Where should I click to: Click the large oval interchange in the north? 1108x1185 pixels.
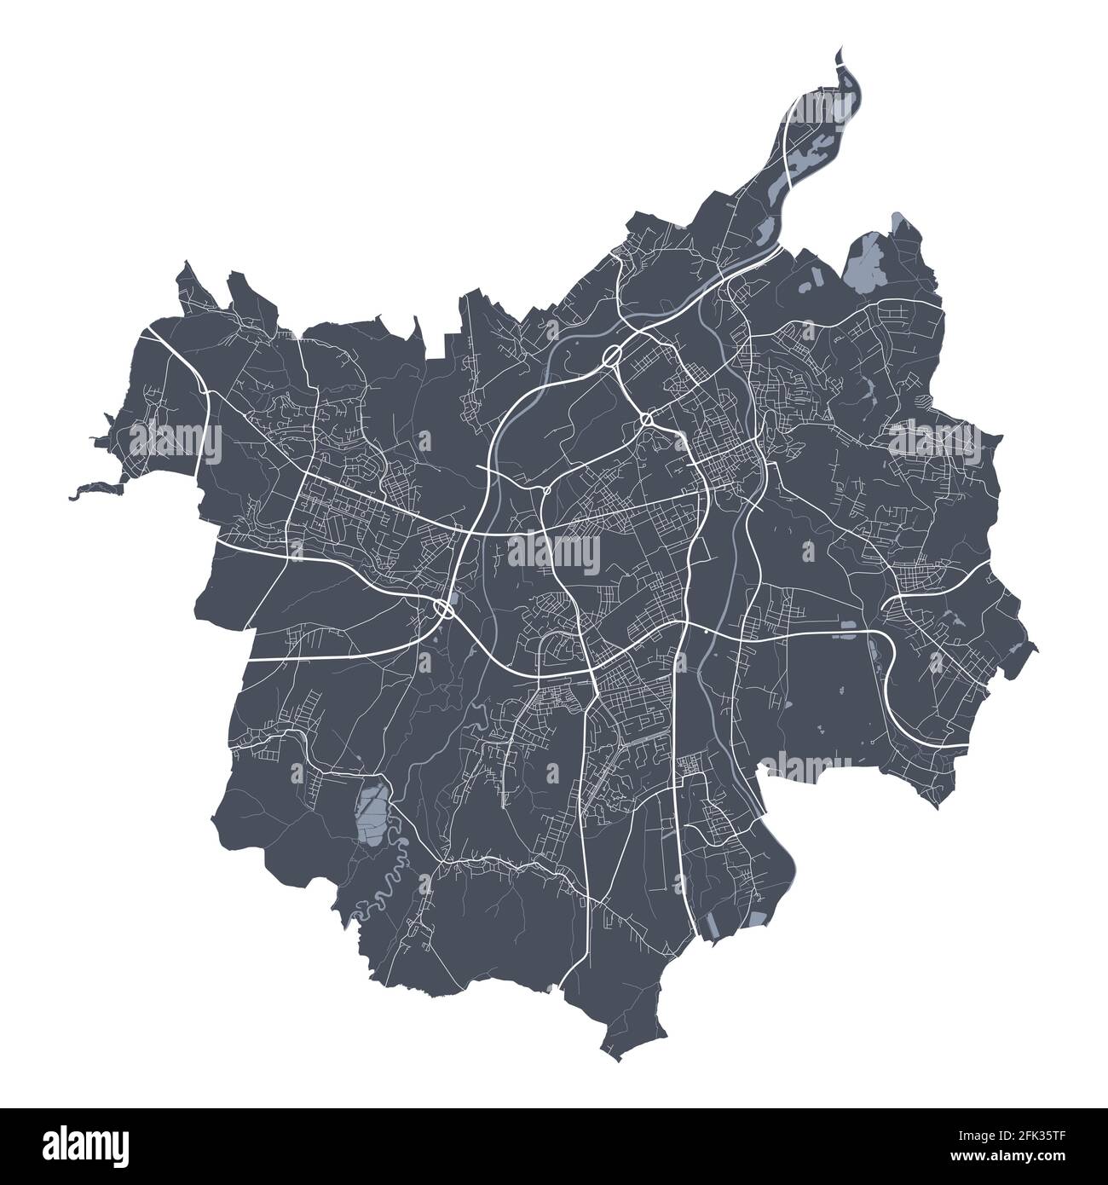(x=612, y=356)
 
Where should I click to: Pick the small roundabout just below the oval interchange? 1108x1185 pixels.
(x=647, y=419)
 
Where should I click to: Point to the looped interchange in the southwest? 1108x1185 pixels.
(x=442, y=608)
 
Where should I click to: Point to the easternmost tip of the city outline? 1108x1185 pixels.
(x=1036, y=650)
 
